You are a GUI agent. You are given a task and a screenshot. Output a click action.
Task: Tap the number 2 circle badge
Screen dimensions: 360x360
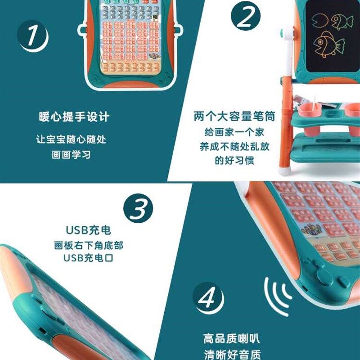[246, 18]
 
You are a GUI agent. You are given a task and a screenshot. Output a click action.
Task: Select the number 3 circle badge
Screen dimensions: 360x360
[138, 209]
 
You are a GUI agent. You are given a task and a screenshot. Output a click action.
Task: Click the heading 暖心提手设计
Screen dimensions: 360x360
[74, 117]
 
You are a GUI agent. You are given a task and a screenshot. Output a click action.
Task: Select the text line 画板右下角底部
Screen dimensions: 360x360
[88, 246]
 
